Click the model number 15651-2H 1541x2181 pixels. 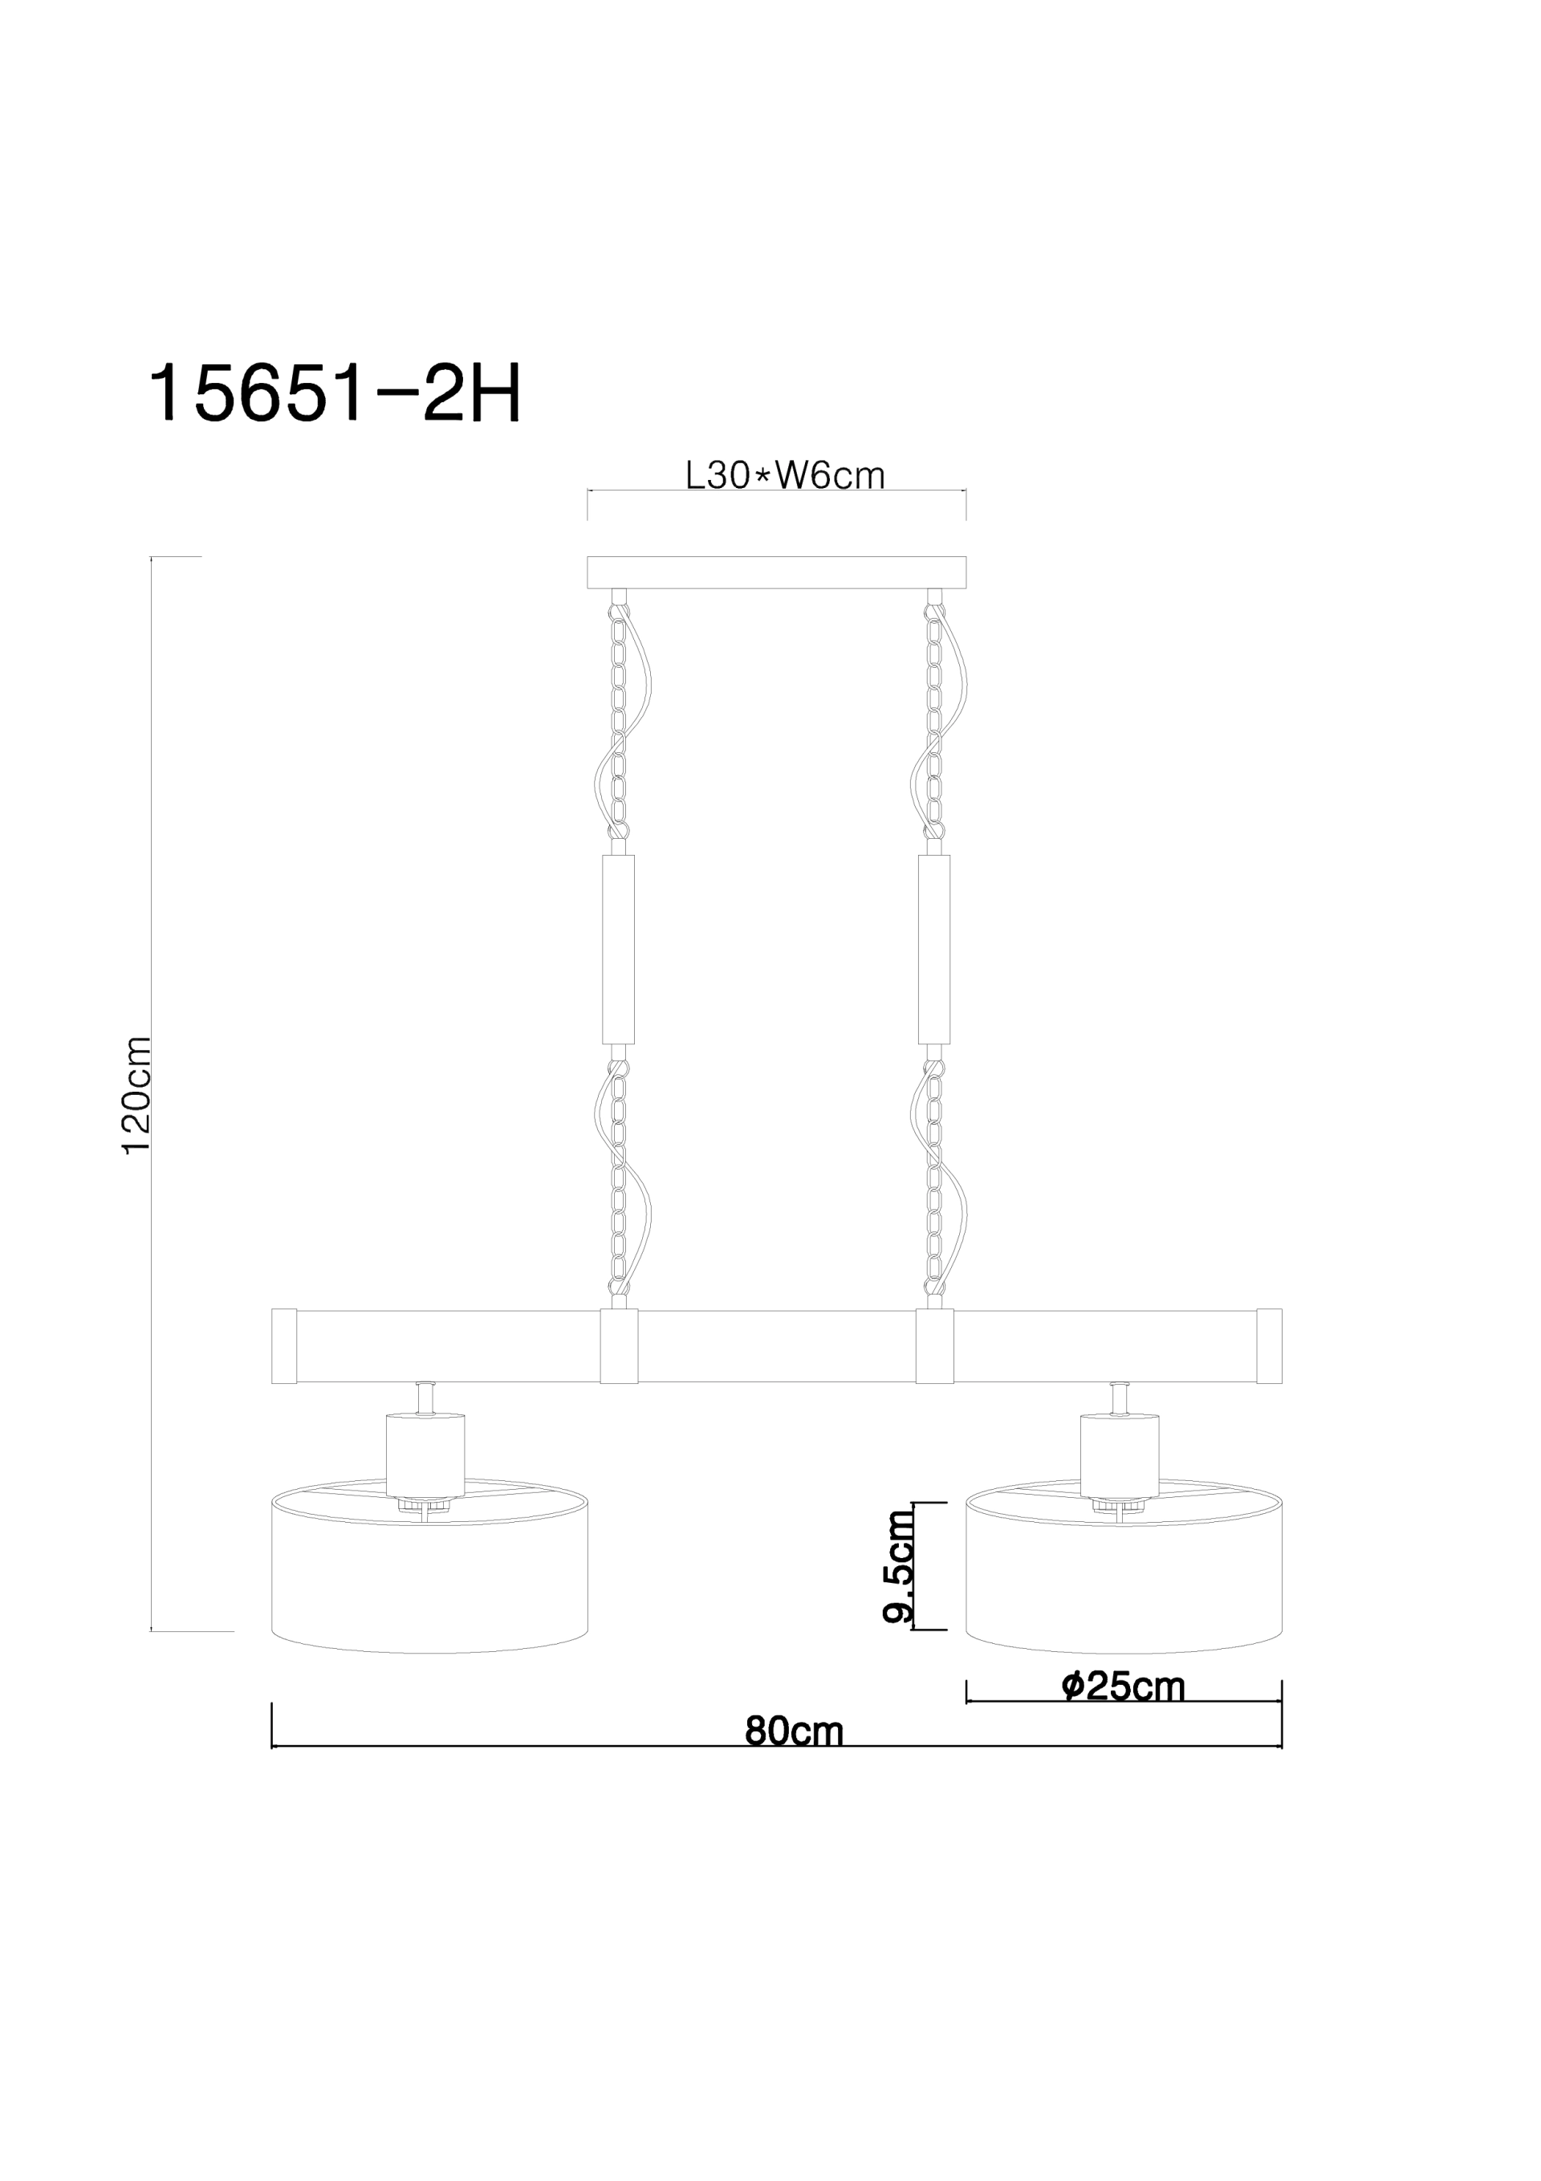pos(335,393)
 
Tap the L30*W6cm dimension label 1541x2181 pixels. pos(785,476)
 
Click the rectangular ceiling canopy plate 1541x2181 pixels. pos(776,573)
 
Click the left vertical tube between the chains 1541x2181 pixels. pos(619,949)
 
